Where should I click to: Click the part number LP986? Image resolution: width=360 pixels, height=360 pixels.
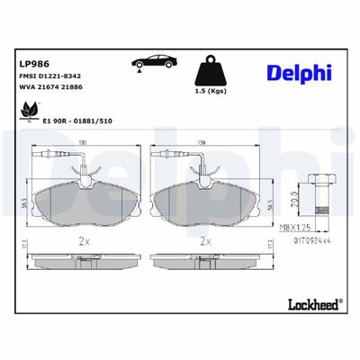point(34,64)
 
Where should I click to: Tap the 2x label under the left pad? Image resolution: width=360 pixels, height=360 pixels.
point(83,241)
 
